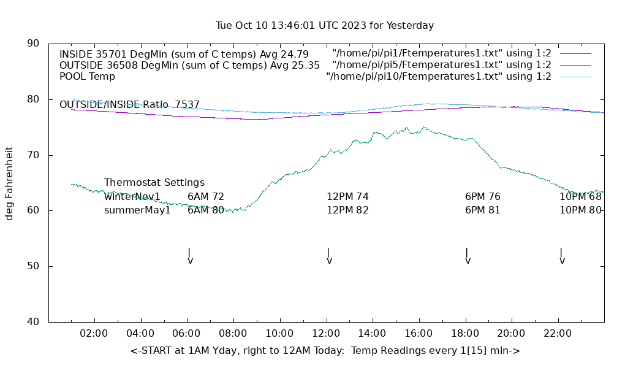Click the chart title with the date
(x=325, y=26)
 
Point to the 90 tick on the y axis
(x=34, y=44)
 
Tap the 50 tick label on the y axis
(x=34, y=266)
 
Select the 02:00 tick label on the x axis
(x=94, y=334)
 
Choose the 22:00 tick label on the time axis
(x=558, y=334)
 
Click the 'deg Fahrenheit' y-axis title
(x=9, y=183)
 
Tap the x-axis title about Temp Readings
(x=325, y=351)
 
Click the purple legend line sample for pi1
(x=575, y=53)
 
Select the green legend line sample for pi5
(x=575, y=65)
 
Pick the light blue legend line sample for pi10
(x=575, y=77)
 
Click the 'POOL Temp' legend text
(x=87, y=77)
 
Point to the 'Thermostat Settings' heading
(x=154, y=183)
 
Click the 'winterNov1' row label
(x=132, y=197)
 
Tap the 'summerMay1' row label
(x=137, y=210)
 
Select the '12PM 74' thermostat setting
(x=347, y=197)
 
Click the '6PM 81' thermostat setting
(x=483, y=210)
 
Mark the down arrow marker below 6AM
(x=190, y=256)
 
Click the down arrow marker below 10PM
(x=562, y=256)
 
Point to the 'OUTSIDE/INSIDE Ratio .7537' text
(x=129, y=105)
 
